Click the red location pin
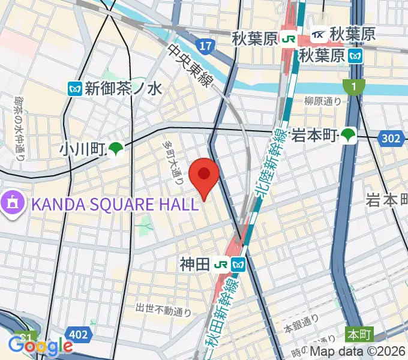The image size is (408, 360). [203, 175]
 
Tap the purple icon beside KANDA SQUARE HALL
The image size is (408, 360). [13, 203]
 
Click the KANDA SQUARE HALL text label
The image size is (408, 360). [114, 204]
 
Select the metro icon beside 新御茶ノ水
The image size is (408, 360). [74, 89]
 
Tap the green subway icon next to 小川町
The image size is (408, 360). [116, 148]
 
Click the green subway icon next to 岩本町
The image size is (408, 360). [349, 136]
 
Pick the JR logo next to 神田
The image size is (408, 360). [222, 263]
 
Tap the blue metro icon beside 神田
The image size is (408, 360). [239, 263]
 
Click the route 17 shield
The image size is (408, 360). [205, 46]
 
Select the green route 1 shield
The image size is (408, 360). [354, 88]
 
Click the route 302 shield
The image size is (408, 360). [391, 139]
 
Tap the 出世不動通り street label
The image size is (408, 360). [163, 310]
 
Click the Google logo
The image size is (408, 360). [40, 346]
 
